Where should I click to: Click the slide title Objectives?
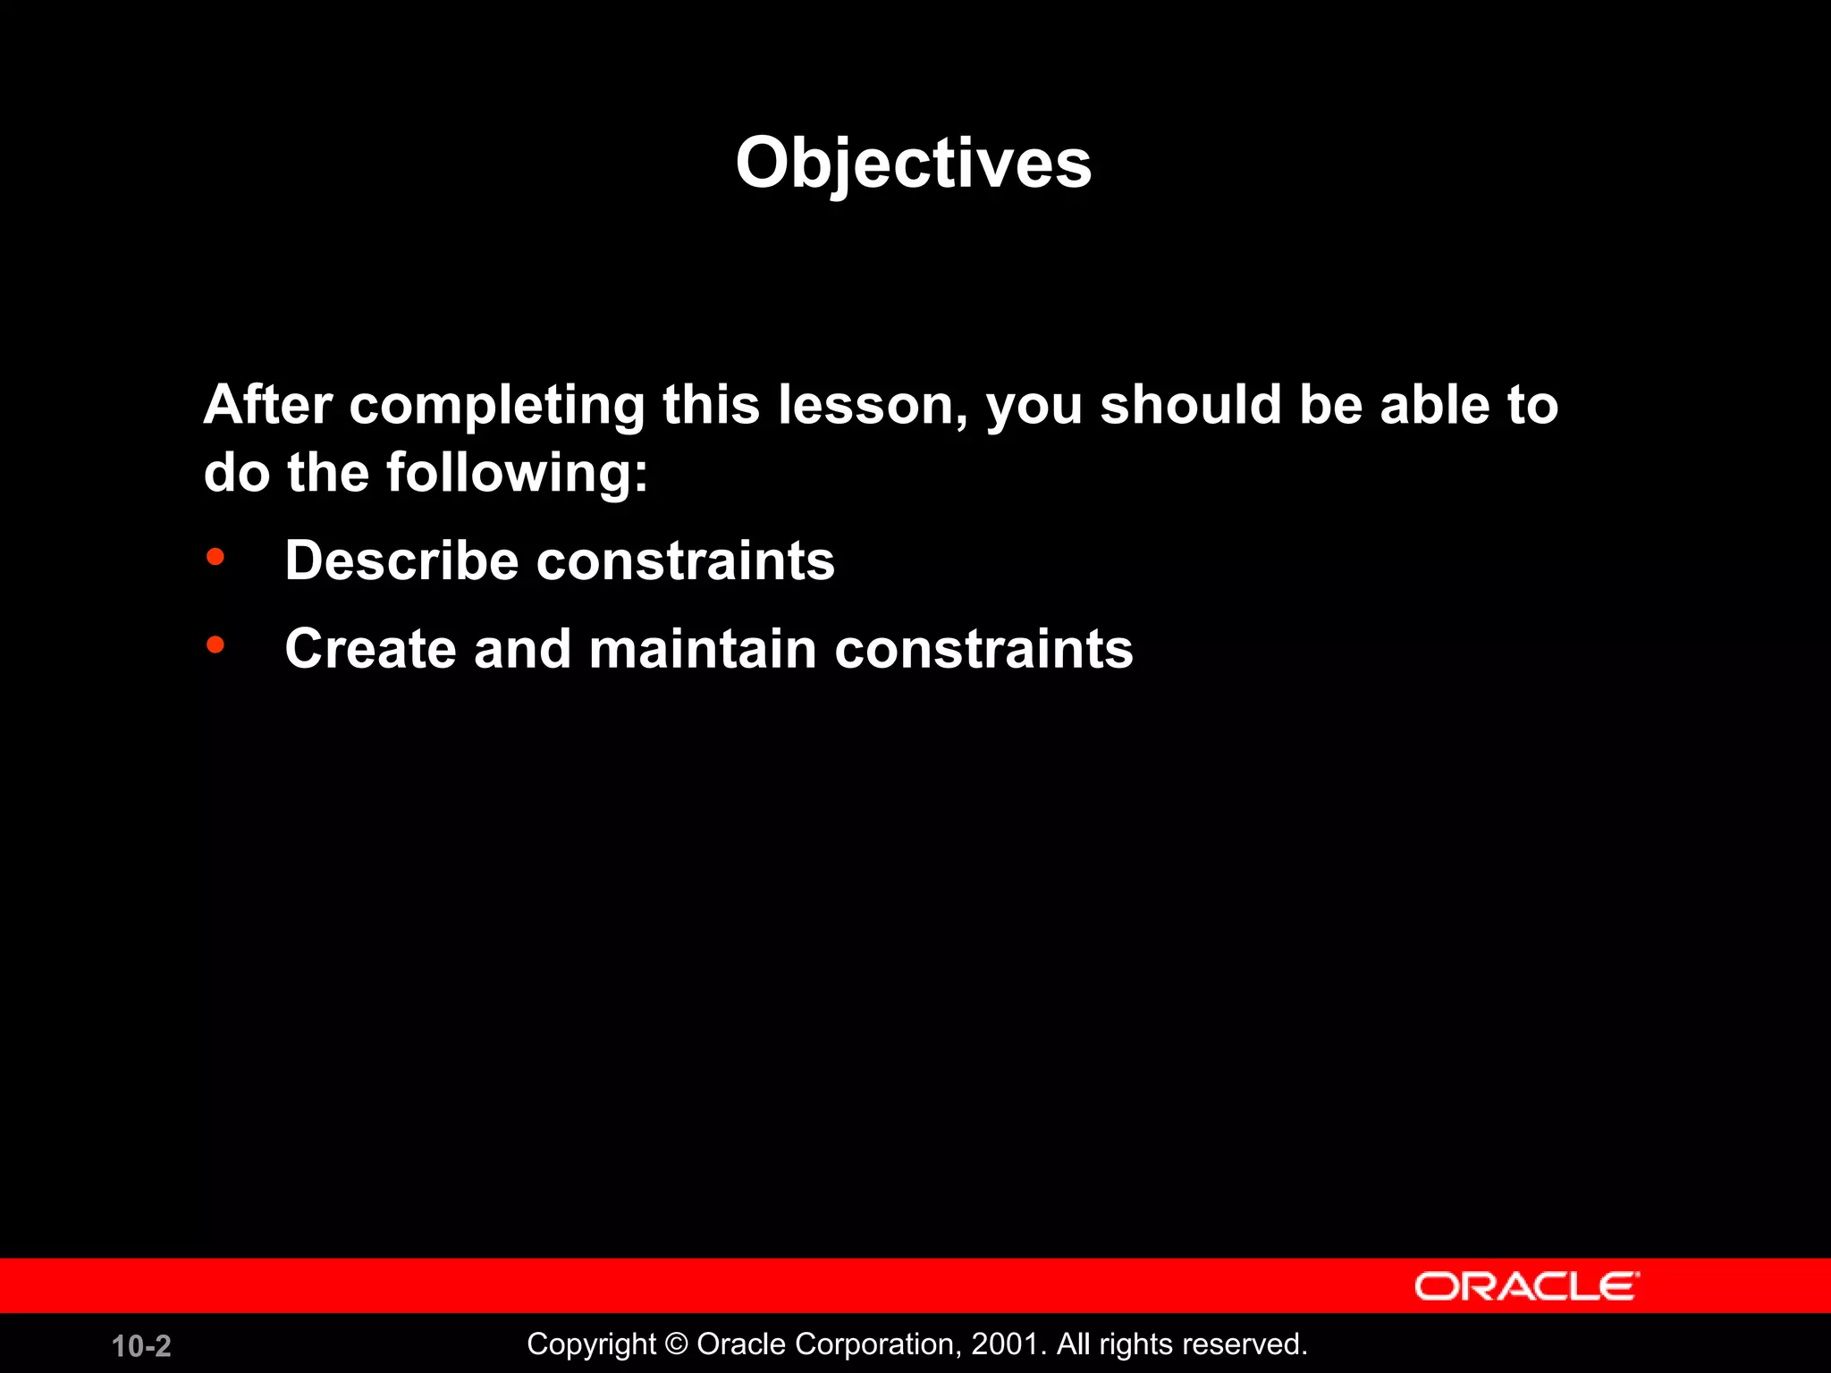(x=913, y=164)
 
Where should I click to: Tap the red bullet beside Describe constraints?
(x=215, y=558)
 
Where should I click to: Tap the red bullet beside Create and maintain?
(x=215, y=644)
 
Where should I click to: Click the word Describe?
(x=401, y=561)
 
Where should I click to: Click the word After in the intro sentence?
(x=267, y=404)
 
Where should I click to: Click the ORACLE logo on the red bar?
(x=1526, y=1286)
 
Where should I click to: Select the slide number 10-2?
(x=141, y=1346)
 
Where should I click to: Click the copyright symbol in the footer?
(x=677, y=1344)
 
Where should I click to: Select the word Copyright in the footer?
(x=591, y=1344)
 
